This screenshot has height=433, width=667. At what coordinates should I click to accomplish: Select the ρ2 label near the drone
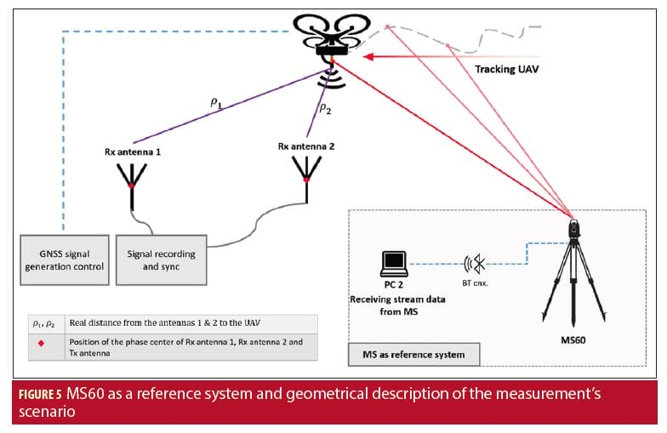point(324,109)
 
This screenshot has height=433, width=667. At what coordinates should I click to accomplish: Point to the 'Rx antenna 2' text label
point(305,146)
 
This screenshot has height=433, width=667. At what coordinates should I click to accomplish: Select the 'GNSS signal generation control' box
point(64,260)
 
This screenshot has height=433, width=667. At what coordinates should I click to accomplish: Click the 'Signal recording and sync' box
point(161,260)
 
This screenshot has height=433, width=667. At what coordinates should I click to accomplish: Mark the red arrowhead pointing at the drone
point(368,56)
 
